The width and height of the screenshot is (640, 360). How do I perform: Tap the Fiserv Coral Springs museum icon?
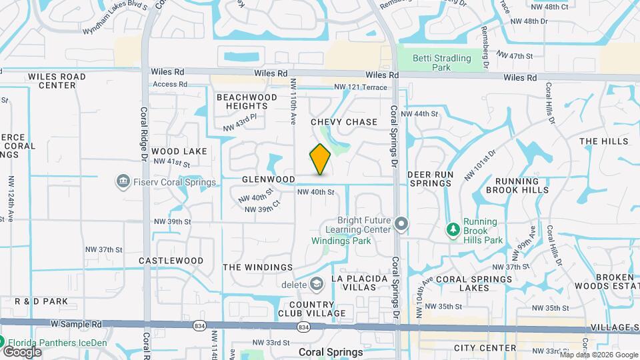(123, 181)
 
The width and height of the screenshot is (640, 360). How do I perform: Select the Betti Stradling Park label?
(442, 63)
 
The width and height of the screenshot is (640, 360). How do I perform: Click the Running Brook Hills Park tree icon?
(453, 230)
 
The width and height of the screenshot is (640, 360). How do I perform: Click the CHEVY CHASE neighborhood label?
(344, 122)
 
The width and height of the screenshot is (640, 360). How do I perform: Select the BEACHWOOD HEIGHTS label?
(247, 101)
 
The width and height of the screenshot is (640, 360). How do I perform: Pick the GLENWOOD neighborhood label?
(269, 180)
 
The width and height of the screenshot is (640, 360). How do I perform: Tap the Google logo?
(22, 351)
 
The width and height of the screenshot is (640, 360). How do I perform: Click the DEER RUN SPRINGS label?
(431, 179)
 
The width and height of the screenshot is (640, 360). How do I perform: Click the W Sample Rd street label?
(76, 324)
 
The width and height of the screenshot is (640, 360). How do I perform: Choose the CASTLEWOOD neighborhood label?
(171, 260)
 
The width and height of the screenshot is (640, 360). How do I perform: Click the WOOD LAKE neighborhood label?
(179, 151)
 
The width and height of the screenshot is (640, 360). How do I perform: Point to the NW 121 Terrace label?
(360, 87)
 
